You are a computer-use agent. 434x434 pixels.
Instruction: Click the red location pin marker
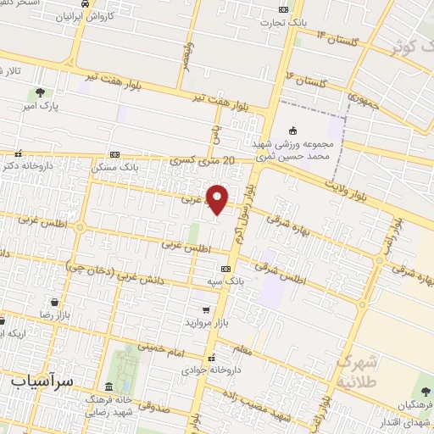[219, 198]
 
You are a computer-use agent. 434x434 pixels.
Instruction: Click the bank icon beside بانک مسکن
[115, 154]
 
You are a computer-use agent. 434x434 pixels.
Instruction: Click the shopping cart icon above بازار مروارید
[205, 310]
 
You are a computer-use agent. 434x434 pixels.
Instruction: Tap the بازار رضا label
[35, 314]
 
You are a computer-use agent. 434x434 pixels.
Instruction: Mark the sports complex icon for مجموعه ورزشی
[293, 130]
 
